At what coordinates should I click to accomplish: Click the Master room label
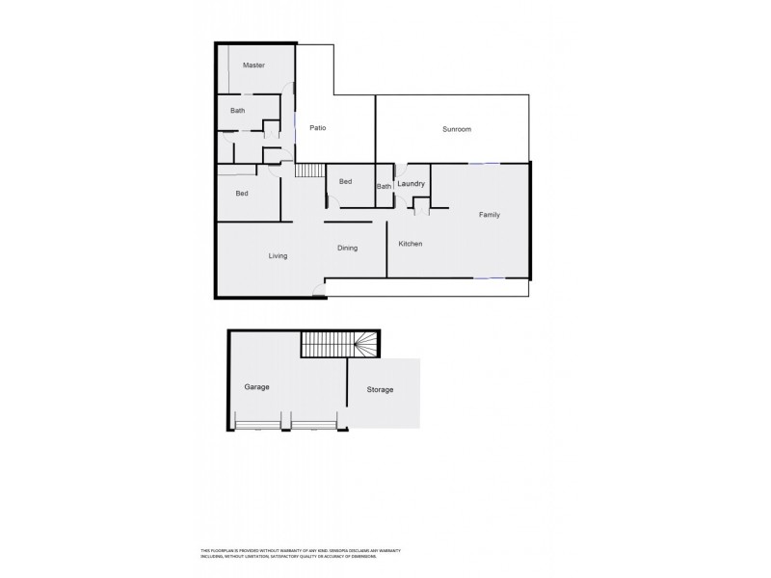(253, 66)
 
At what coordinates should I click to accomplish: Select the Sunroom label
(456, 129)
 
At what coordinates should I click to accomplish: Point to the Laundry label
(412, 183)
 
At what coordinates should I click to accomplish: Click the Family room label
(490, 215)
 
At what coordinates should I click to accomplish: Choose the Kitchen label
(411, 245)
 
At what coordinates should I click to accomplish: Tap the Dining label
(347, 248)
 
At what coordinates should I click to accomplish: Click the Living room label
(278, 255)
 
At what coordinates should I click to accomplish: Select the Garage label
(255, 386)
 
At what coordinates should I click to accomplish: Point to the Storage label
(380, 389)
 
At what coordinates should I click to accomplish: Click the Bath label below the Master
(237, 111)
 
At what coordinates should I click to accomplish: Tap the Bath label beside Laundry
(384, 187)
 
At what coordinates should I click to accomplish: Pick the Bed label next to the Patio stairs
(345, 181)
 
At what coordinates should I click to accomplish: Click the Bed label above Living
(242, 194)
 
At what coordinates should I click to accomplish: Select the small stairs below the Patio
(309, 171)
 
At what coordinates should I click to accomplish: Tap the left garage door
(258, 424)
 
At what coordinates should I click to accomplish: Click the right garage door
(314, 424)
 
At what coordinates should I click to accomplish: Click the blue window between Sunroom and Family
(484, 163)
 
